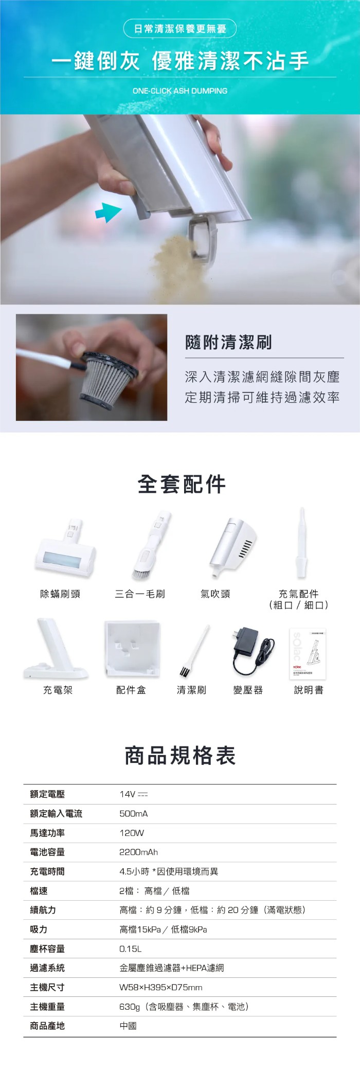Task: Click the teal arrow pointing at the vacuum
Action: point(108,211)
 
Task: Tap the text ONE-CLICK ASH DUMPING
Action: point(180,91)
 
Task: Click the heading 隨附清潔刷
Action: point(228,342)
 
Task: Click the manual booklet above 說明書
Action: point(308,654)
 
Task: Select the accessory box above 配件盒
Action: point(132,648)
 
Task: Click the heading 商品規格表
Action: point(180,756)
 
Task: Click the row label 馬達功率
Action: point(47,833)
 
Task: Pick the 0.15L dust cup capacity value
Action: point(130,949)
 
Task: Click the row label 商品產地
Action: point(47,1026)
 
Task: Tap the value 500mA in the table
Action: point(134,814)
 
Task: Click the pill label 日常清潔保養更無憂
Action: point(180,29)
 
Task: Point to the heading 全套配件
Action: point(182,484)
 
